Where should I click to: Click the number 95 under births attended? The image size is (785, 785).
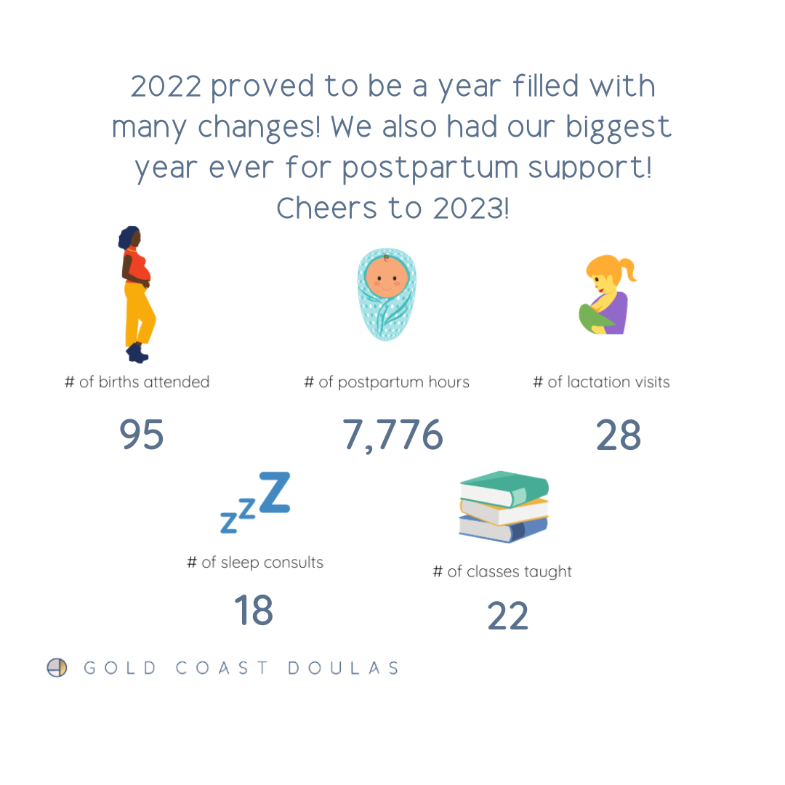point(142,435)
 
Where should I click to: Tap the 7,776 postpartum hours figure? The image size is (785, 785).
point(393,435)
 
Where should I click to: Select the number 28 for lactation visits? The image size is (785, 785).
point(619,435)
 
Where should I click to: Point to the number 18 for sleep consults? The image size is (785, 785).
point(254,610)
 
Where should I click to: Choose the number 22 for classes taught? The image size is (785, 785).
point(508,616)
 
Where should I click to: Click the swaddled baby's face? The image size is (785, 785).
point(387,277)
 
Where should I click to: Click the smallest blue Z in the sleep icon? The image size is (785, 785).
point(228,523)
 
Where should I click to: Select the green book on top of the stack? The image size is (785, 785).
point(504,488)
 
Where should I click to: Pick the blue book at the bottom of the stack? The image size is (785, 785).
point(503,530)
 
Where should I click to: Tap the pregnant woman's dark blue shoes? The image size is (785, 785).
point(137,353)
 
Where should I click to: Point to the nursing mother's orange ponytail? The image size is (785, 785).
point(627,269)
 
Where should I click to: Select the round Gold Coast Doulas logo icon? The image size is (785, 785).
point(57,667)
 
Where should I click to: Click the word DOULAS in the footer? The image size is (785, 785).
point(343,668)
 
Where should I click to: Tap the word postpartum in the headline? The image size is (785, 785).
point(430,169)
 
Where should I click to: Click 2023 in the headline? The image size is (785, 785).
point(470,208)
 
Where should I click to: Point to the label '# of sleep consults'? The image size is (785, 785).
point(255,563)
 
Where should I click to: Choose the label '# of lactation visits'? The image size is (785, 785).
point(601,382)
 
